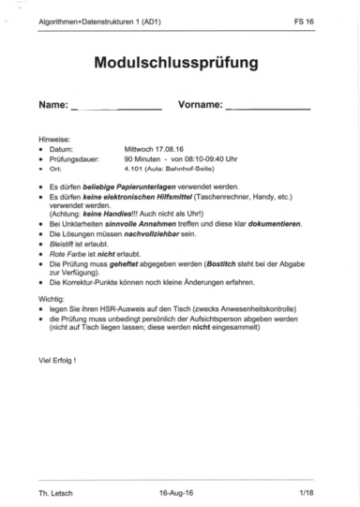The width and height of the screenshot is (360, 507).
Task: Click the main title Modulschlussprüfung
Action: (175, 64)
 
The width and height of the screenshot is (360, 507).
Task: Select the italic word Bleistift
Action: (64, 245)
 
